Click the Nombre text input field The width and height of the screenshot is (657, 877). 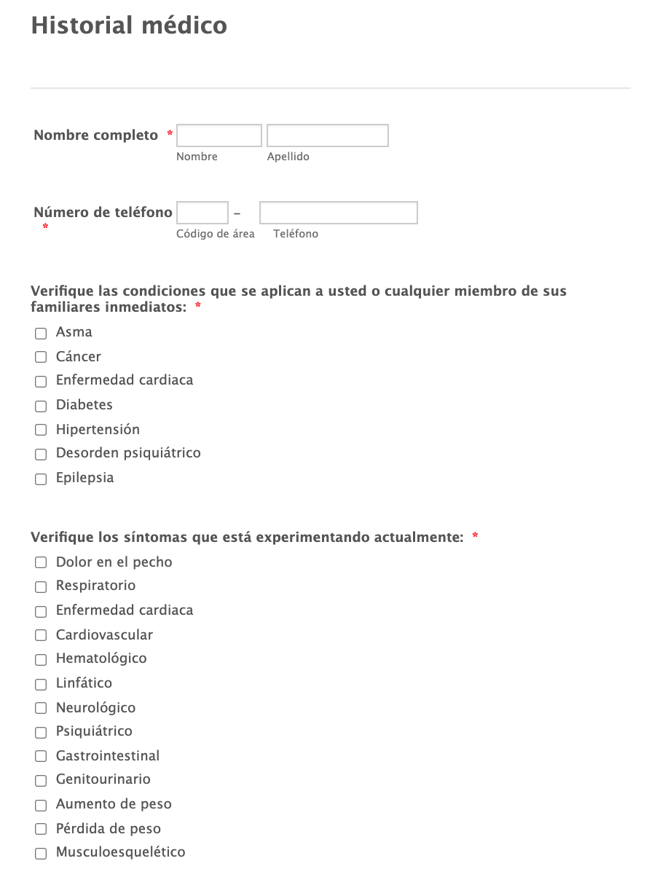(x=219, y=135)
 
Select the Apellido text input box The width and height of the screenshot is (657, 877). (x=327, y=135)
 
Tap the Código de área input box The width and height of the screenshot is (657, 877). (x=202, y=213)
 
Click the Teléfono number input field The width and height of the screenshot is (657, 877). (x=338, y=213)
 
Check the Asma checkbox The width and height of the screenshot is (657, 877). (x=41, y=333)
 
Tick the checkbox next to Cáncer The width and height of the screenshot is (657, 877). (x=41, y=357)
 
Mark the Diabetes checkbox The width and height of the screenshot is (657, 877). (x=41, y=406)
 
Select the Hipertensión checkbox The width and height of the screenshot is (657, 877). (x=41, y=430)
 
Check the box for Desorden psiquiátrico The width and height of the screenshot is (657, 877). (x=41, y=455)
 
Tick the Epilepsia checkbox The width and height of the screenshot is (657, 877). (x=41, y=479)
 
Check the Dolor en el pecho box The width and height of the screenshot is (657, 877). (x=41, y=562)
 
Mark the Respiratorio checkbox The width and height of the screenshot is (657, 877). (x=41, y=586)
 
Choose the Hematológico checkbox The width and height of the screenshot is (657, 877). (x=41, y=659)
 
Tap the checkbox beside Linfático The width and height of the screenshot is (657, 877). (x=41, y=684)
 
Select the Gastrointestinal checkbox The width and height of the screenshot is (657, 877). (x=41, y=756)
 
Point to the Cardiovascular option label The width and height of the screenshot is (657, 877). (x=104, y=634)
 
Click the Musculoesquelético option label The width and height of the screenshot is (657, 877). (x=120, y=852)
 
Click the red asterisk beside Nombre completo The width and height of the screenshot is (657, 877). (x=170, y=134)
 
